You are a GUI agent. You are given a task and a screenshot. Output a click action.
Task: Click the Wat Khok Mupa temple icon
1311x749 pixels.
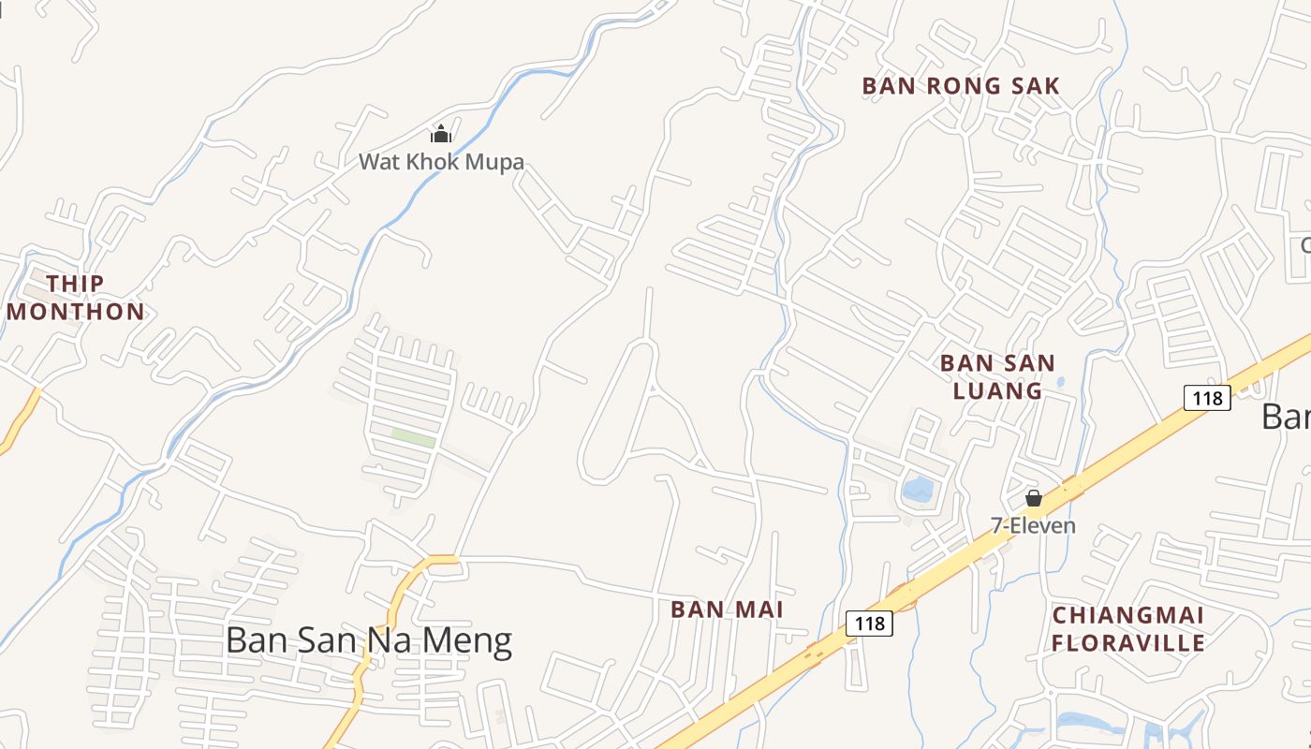click(441, 135)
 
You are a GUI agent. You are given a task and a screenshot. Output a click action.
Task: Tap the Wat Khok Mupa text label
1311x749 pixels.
click(441, 162)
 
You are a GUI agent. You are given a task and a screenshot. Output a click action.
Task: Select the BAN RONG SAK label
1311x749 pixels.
click(961, 86)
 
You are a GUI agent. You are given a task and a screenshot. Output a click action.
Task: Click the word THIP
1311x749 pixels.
click(75, 283)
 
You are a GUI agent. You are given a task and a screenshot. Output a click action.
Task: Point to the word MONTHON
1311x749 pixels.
click(76, 312)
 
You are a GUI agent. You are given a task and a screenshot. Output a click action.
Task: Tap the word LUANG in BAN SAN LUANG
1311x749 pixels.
click(997, 390)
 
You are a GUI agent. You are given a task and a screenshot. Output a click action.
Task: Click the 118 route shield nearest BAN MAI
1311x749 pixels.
click(869, 623)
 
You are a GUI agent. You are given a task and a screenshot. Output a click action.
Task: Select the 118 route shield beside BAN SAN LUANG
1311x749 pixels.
click(1207, 398)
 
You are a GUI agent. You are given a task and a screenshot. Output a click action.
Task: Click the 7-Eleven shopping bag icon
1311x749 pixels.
click(1034, 498)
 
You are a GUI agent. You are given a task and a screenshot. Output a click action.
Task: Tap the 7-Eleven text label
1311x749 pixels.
click(1034, 526)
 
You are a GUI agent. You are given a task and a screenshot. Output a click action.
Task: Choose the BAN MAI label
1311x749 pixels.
click(727, 609)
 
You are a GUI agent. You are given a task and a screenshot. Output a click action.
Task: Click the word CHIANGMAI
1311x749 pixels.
click(1128, 615)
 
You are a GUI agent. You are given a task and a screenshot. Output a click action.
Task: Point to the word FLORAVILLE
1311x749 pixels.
click(1128, 643)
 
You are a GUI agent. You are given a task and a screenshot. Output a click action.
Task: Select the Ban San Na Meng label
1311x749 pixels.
click(369, 640)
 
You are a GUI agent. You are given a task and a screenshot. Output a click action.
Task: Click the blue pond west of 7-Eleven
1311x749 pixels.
click(918, 488)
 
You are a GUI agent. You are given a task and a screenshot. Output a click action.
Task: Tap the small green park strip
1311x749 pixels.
click(413, 437)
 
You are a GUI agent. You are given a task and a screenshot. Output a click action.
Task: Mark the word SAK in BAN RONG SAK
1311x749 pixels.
click(1035, 86)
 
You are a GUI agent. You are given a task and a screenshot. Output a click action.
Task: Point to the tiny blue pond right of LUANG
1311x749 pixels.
click(1060, 382)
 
